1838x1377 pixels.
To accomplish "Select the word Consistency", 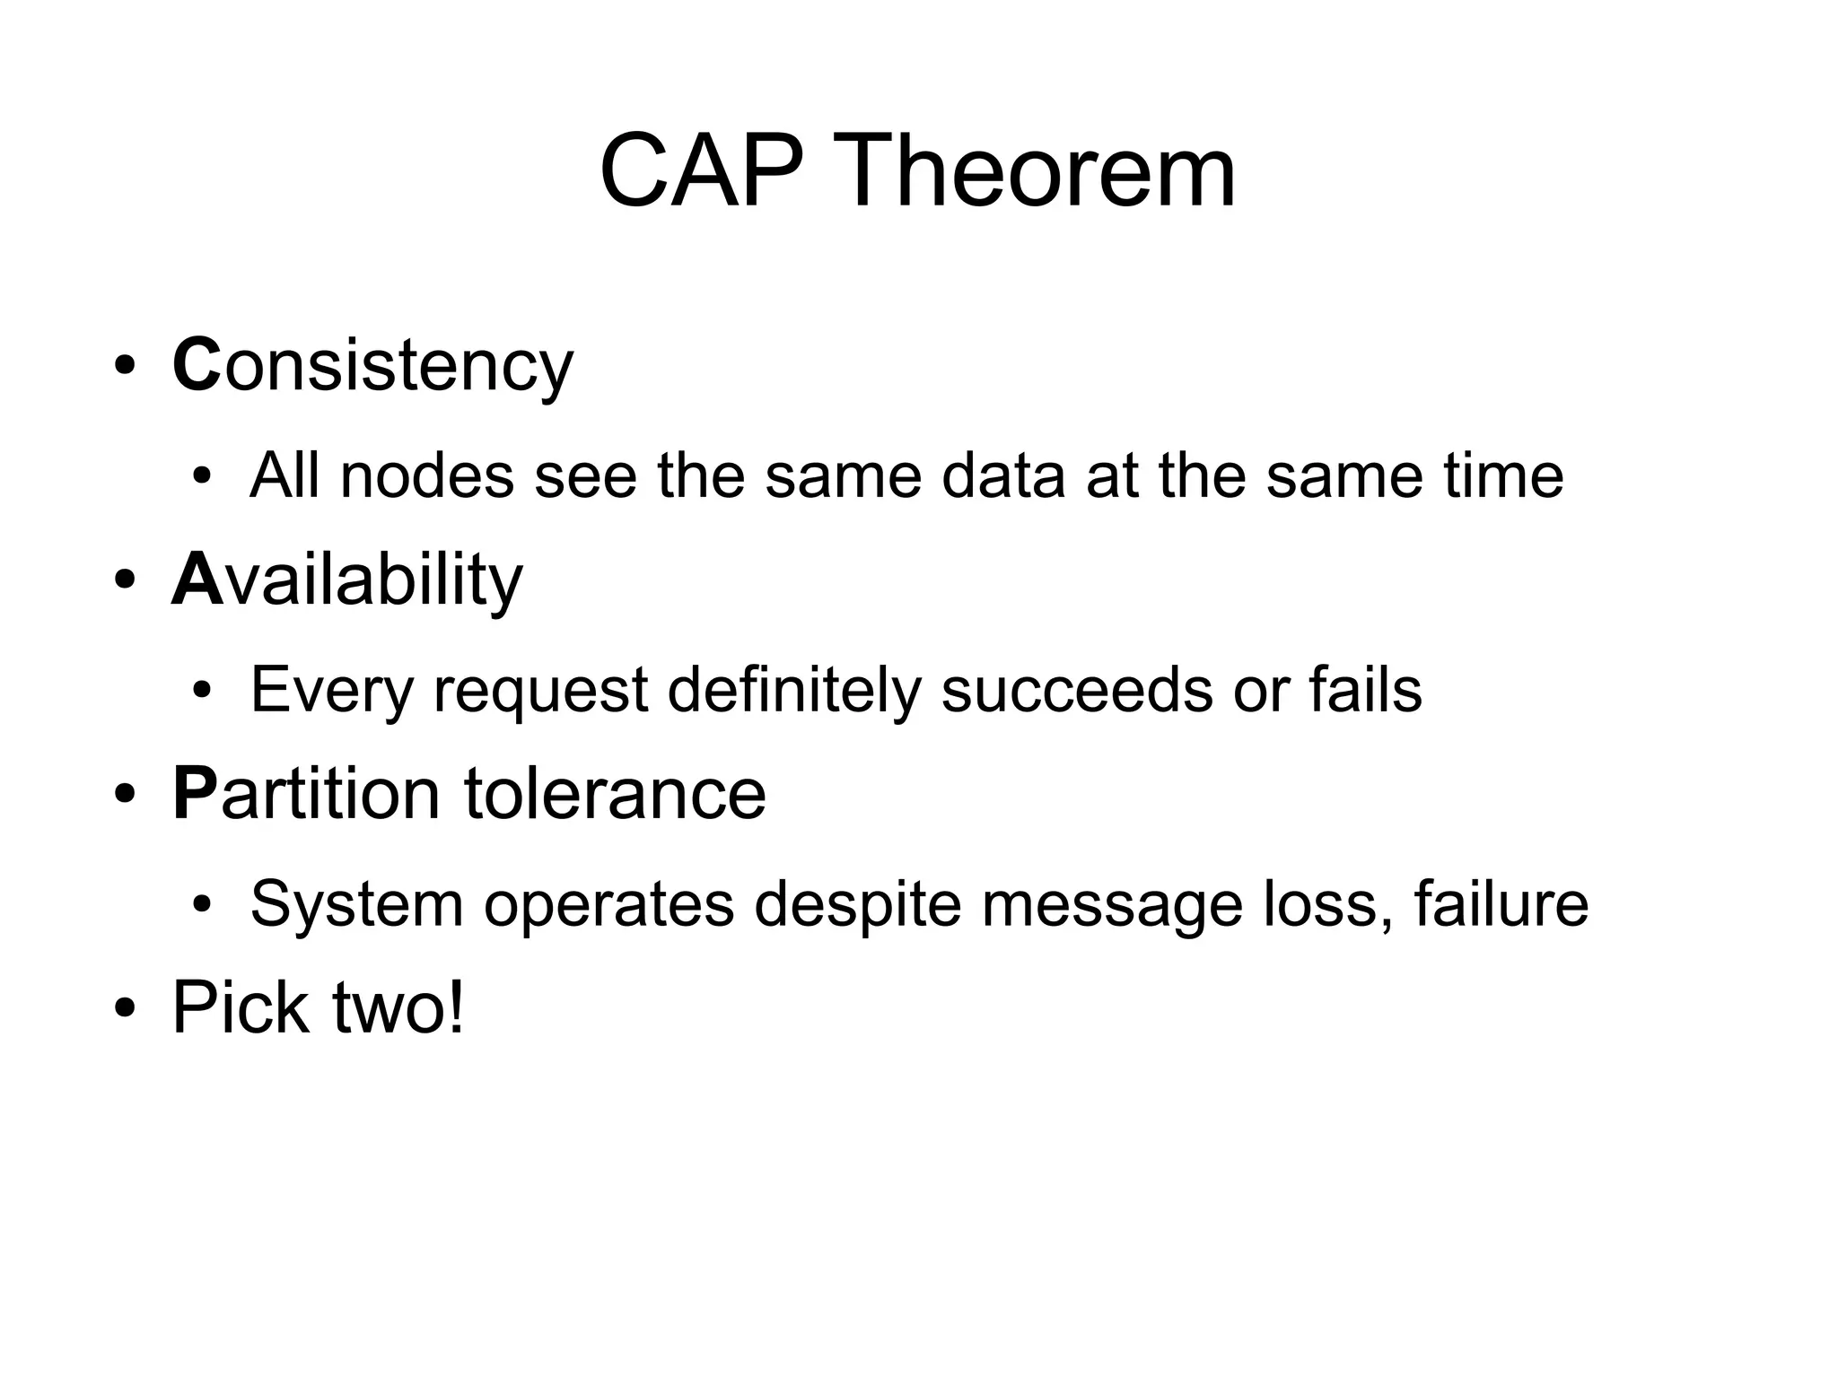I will pos(372,366).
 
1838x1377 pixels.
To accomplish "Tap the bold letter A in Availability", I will pos(196,580).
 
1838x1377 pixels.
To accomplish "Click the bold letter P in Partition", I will pos(195,794).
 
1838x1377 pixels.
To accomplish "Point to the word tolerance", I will pos(615,794).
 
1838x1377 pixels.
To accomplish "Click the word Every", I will pos(332,691).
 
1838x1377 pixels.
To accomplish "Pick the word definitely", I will pos(794,691).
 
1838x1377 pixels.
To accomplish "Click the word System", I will pos(356,904).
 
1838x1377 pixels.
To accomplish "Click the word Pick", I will pos(241,1008).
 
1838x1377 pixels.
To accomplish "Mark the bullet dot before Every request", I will pos(201,691).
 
